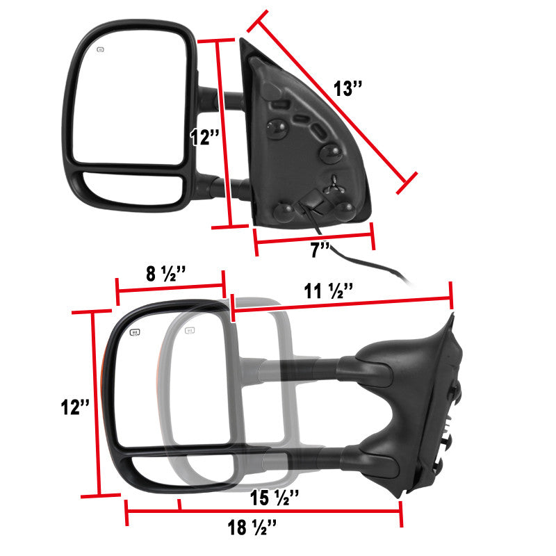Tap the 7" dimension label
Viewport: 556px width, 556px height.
[320, 250]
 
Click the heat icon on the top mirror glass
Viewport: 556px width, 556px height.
[101, 49]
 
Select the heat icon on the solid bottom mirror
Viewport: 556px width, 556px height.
[135, 333]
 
